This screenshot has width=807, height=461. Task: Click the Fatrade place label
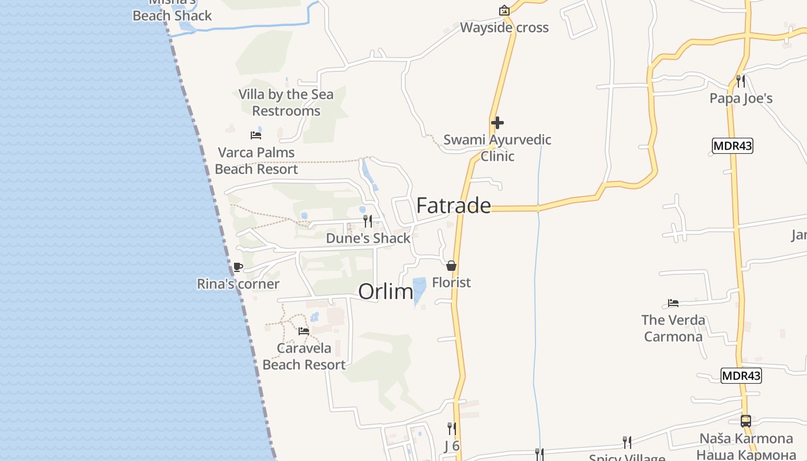454,206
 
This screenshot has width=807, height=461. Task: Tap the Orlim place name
386,292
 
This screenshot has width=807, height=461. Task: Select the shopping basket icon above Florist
451,266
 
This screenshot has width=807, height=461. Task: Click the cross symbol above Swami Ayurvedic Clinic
497,123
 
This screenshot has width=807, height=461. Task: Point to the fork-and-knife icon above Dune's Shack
367,221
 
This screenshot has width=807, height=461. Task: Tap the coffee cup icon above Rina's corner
237,267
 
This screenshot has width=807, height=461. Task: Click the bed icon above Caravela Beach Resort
304,331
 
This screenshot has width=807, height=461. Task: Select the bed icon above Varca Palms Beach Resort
256,135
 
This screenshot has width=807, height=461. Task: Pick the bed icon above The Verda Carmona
673,303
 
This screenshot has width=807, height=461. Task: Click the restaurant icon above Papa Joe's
741,81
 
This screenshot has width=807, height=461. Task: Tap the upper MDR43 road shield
732,146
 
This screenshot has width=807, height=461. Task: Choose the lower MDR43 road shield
741,376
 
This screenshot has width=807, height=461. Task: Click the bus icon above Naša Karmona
745,421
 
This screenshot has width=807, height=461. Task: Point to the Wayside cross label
504,28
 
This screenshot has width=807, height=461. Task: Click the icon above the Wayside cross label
504,10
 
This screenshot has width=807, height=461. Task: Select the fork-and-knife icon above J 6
452,429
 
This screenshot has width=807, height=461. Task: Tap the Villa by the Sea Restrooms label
286,103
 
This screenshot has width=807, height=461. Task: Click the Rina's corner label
238,284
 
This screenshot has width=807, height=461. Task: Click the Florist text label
451,282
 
